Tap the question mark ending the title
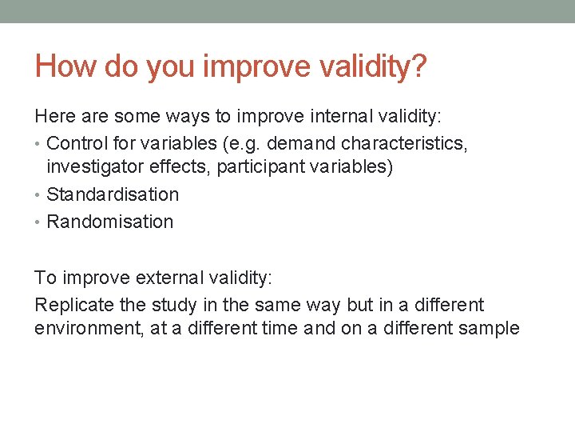coord(418,66)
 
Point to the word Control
coord(78,143)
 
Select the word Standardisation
coord(113,194)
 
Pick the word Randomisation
coord(109,222)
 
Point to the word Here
coord(54,116)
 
